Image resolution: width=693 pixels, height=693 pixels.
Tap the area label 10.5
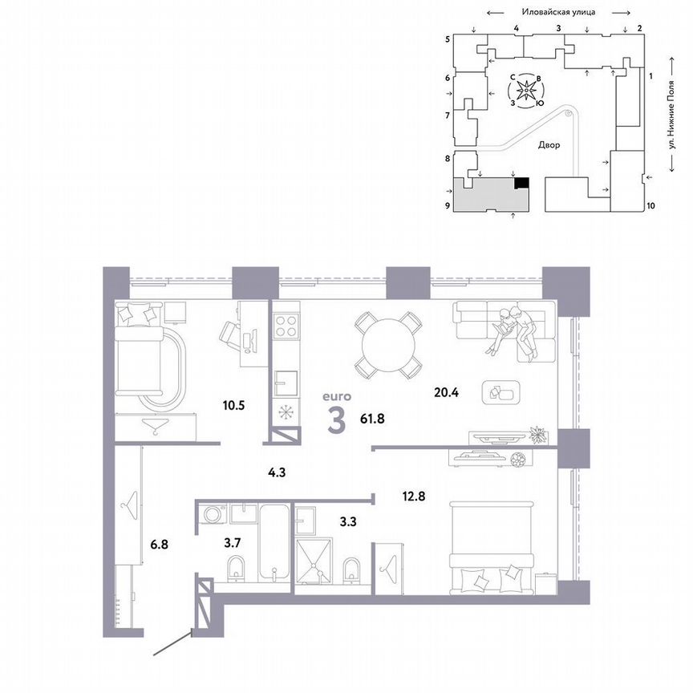(x=233, y=405)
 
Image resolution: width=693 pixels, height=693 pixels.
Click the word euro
(x=337, y=395)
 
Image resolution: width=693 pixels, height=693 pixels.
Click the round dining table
(x=388, y=346)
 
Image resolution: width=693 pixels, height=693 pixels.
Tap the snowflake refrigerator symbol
(x=285, y=414)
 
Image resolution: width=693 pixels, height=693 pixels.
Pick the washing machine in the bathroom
(x=213, y=515)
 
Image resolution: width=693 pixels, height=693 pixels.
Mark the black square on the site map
(x=521, y=183)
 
